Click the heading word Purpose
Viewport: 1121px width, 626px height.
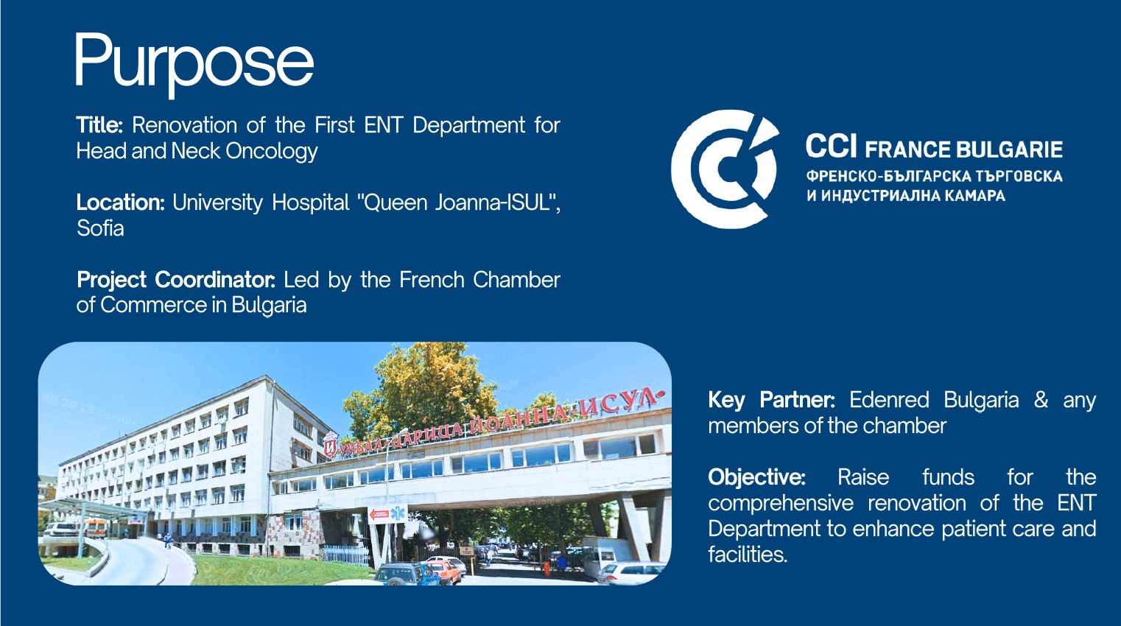[x=194, y=64]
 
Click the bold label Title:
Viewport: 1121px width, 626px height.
[x=99, y=125]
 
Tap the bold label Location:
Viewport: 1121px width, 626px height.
[x=121, y=203]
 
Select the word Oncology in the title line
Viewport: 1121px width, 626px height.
[x=272, y=152]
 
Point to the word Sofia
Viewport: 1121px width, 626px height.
[x=100, y=229]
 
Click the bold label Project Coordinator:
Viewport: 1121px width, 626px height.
[x=175, y=280]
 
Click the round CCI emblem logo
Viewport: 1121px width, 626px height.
[x=725, y=169]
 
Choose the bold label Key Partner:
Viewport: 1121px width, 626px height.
[x=772, y=400]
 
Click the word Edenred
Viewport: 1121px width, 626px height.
[x=889, y=400]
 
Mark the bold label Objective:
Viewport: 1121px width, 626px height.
[x=756, y=477]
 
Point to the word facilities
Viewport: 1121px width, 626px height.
[x=746, y=555]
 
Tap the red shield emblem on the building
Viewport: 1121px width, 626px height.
[x=330, y=447]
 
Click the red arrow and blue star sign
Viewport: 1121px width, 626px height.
[x=388, y=514]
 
